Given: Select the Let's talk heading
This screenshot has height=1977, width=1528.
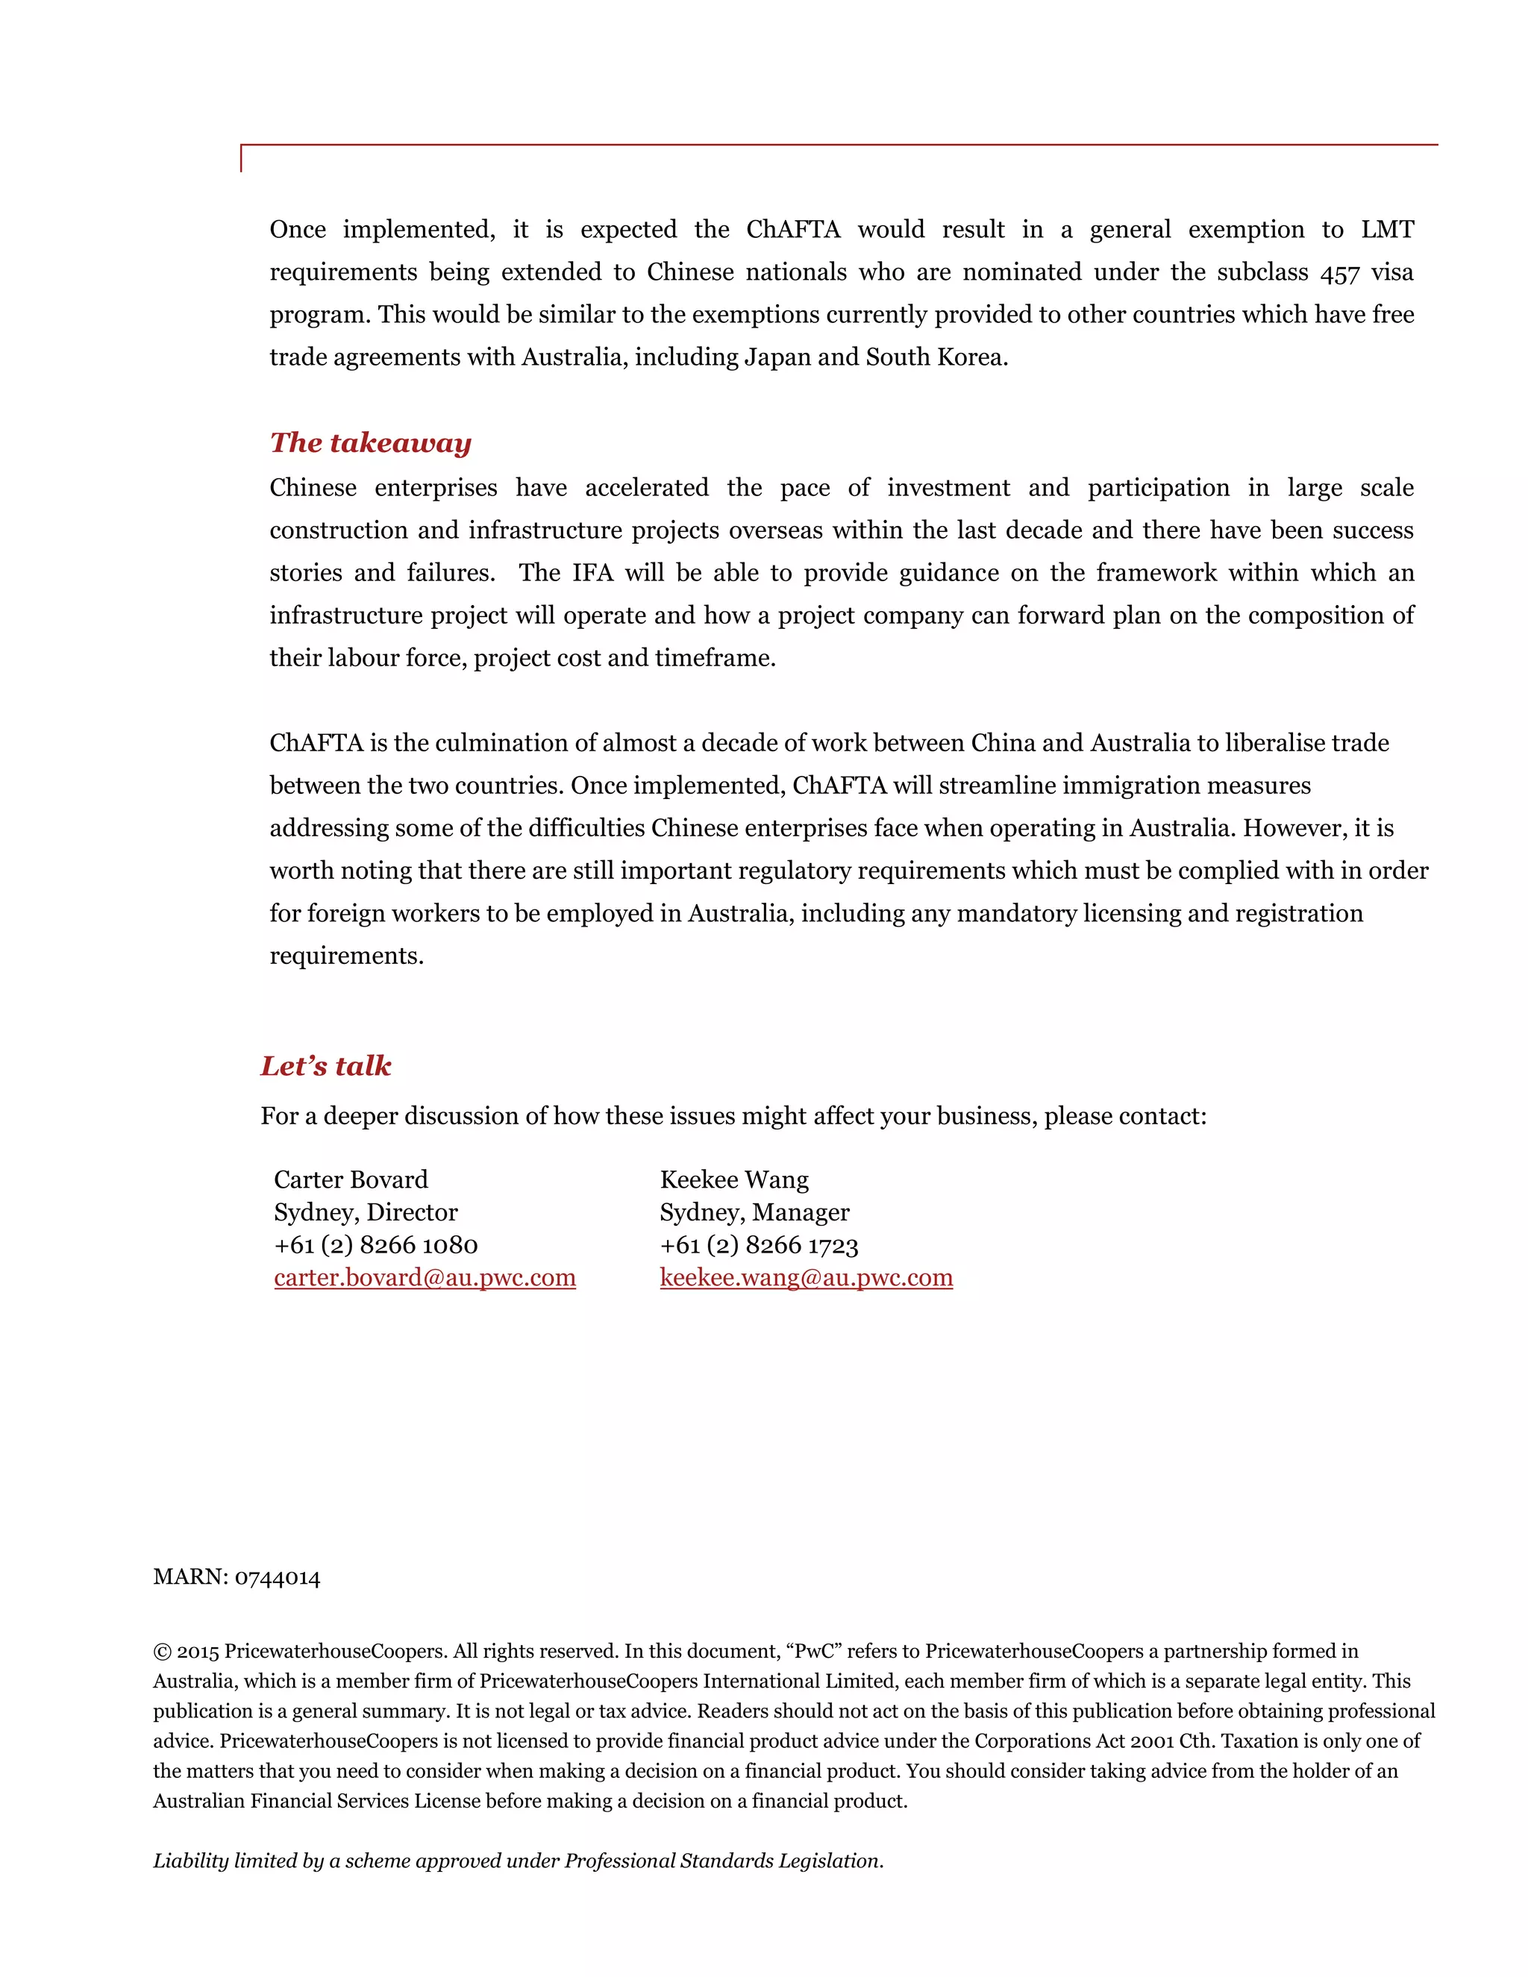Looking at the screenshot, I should pos(326,1065).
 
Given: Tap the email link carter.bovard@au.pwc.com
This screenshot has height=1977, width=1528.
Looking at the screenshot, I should pos(425,1277).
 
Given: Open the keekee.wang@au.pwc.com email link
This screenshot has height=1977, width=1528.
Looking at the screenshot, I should pos(806,1277).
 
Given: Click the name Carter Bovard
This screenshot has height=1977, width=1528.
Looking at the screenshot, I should pos(351,1179).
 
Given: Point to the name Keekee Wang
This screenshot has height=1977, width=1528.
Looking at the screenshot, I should pos(734,1179).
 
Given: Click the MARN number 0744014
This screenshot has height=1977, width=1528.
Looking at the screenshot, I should pos(277,1578).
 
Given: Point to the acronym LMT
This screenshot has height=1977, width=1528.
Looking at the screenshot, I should pos(1387,230).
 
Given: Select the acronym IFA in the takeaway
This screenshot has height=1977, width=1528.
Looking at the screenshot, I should pos(592,573).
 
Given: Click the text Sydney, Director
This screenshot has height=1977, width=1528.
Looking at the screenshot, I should pos(366,1212).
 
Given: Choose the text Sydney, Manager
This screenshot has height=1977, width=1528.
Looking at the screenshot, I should pos(754,1212).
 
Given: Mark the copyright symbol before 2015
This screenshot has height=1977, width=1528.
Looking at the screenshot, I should pos(162,1652).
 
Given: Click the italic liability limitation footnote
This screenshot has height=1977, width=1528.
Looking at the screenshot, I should pos(518,1861).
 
